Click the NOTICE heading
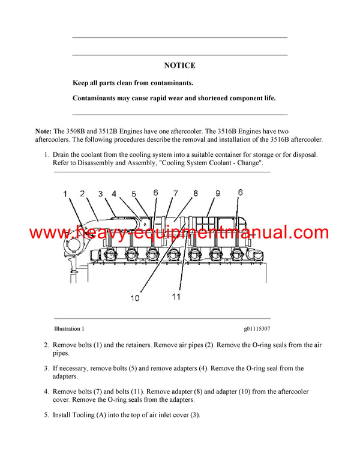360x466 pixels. [x=179, y=65]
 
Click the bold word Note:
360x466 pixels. [x=44, y=131]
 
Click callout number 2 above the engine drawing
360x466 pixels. [x=82, y=193]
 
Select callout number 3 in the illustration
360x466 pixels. [x=101, y=193]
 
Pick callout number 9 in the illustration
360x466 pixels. [x=218, y=193]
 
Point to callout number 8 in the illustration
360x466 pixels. [x=196, y=193]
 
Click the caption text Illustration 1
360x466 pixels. [x=69, y=329]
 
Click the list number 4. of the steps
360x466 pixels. [x=46, y=392]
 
